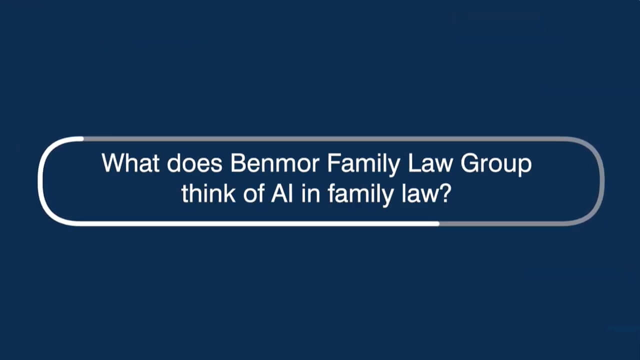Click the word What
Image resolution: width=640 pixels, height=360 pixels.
coord(130,163)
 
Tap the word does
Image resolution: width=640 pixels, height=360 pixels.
coord(194,163)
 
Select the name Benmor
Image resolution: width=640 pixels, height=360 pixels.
coord(274,163)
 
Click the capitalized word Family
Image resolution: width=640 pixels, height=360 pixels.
coord(363,165)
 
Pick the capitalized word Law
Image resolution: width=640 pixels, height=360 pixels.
coord(430,163)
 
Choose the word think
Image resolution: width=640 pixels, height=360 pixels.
coord(208,193)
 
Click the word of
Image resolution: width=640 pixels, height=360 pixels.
coord(253,193)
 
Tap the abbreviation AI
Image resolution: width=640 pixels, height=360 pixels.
coord(282,193)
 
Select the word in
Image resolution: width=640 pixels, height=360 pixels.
coord(310,193)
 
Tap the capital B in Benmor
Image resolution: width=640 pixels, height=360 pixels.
coord(238,163)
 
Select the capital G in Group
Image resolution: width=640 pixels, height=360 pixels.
coord(469,163)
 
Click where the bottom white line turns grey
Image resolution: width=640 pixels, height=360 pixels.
coord(439,223)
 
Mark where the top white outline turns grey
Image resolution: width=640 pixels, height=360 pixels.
coord(83,139)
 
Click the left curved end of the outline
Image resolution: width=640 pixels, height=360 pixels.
coord(41,181)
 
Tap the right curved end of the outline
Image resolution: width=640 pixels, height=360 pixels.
coord(601,181)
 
